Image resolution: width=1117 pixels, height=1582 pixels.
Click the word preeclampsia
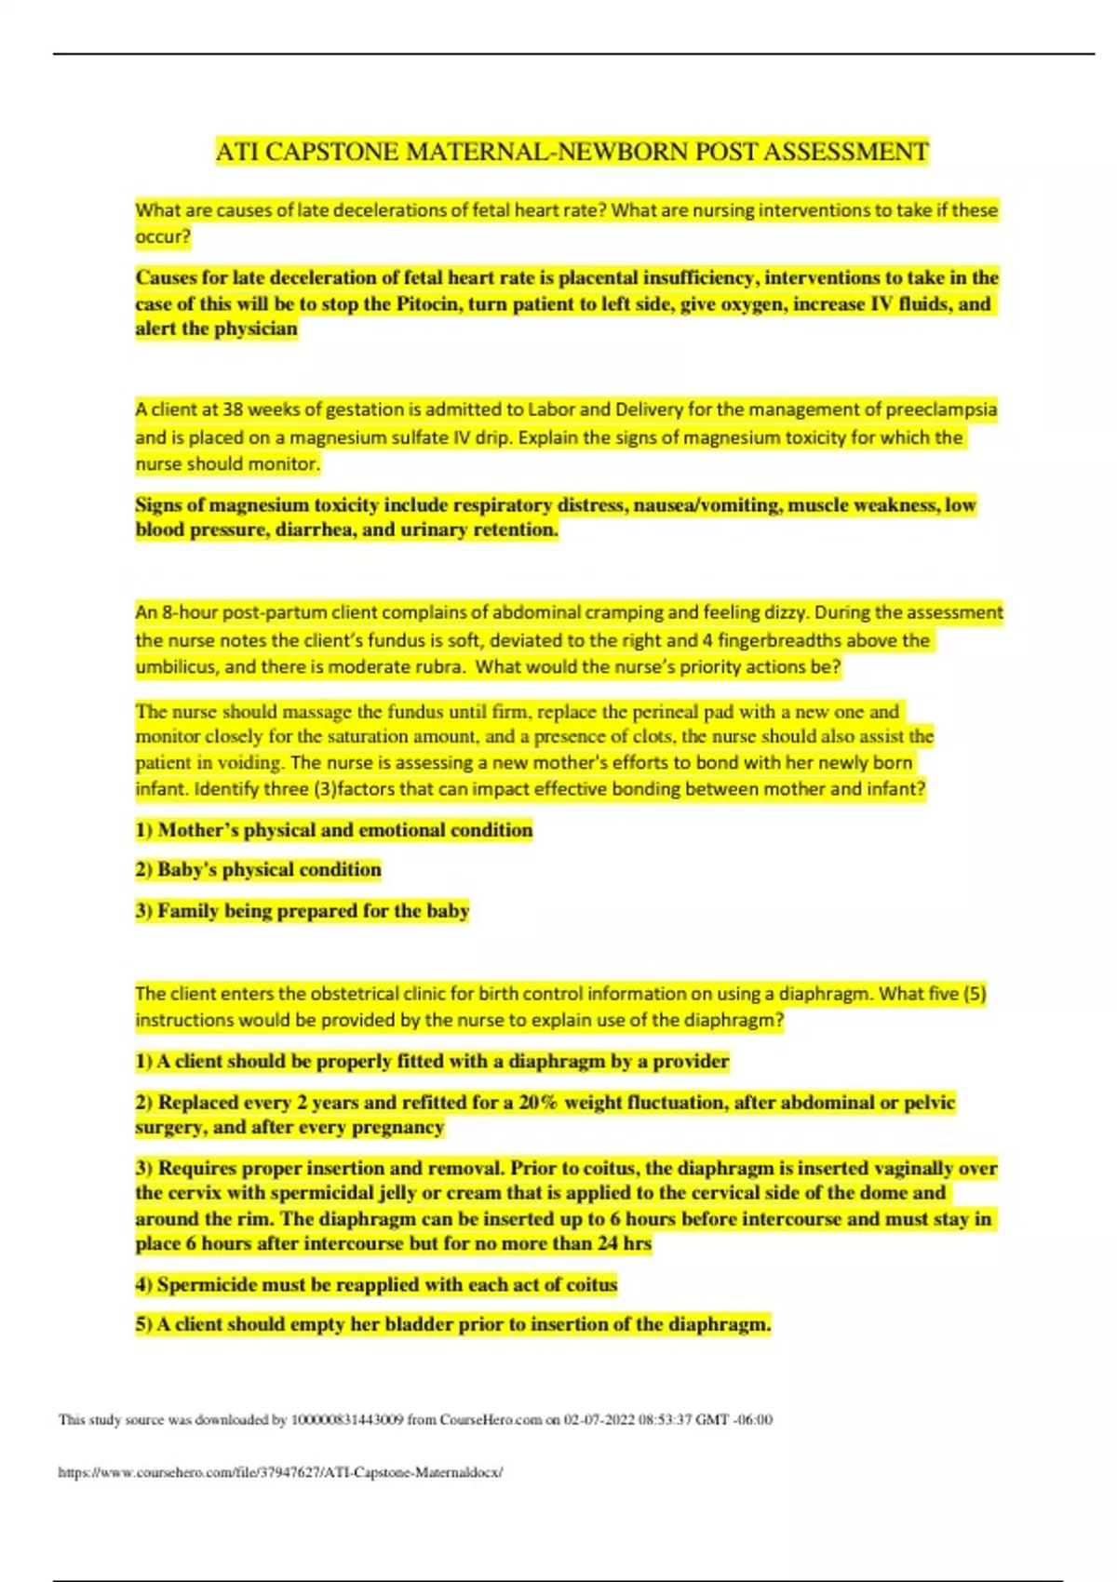pos(941,409)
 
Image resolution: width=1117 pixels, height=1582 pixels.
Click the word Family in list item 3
pos(188,910)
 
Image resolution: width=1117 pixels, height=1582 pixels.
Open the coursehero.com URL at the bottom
pos(280,1472)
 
